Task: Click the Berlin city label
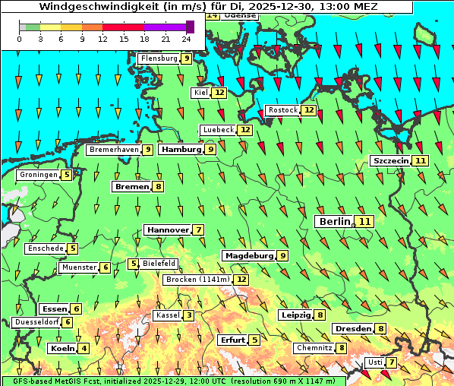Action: click(334, 221)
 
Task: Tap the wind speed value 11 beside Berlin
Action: click(365, 221)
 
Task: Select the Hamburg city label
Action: click(181, 150)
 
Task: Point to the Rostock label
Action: click(283, 110)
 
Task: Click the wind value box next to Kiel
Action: click(219, 93)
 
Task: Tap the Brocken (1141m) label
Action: click(197, 280)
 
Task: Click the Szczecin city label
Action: click(390, 160)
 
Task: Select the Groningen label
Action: click(39, 175)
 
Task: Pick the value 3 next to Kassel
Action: click(189, 315)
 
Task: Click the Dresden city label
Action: click(352, 328)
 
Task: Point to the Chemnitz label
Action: click(314, 348)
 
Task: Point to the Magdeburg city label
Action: click(248, 255)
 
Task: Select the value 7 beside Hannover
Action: click(198, 229)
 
